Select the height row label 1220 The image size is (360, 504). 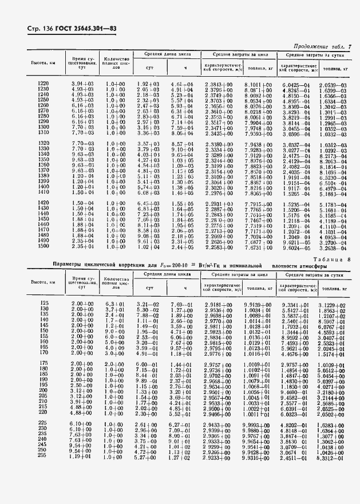tap(43, 84)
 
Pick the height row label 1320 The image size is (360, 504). tap(43, 144)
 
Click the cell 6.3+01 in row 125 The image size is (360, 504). tap(116, 302)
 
